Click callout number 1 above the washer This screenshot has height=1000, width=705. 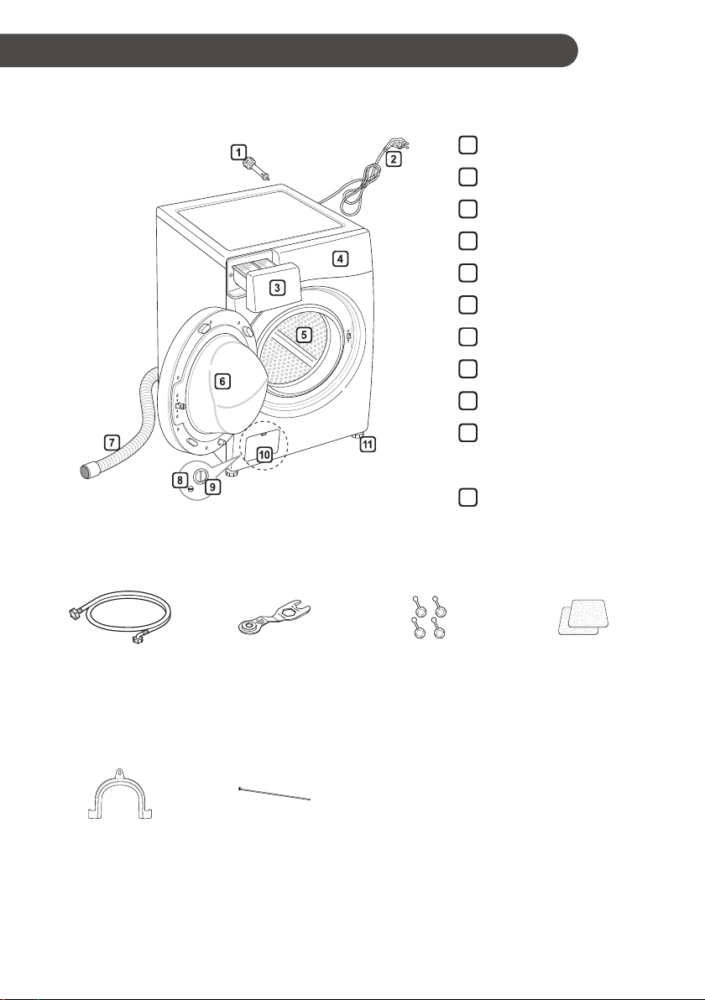(x=238, y=152)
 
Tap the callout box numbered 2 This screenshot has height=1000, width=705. (x=394, y=159)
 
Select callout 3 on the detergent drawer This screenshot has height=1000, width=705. (x=277, y=288)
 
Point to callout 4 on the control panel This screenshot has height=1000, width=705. (x=341, y=258)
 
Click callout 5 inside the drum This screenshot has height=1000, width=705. (x=304, y=334)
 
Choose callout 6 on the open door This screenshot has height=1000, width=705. (x=222, y=381)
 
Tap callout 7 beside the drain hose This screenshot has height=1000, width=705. (x=112, y=441)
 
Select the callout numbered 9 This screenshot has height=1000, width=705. (x=212, y=487)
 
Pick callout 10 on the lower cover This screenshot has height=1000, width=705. (x=264, y=455)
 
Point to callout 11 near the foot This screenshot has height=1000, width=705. (x=368, y=444)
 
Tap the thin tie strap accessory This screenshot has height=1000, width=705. (x=274, y=794)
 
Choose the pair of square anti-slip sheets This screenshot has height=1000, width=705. (x=584, y=616)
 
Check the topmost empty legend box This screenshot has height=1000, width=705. (x=467, y=145)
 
